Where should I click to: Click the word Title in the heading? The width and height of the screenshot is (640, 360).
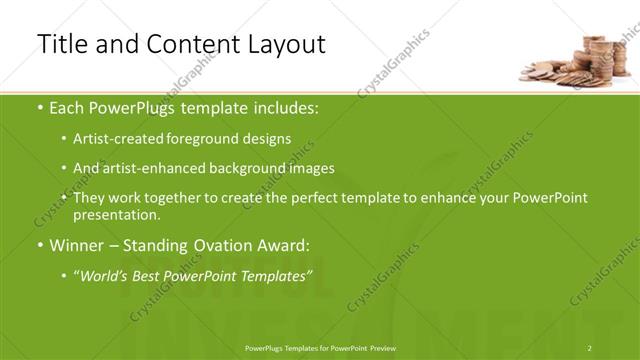pos(62,44)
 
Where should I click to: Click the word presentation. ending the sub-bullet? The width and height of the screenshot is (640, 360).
pos(116,214)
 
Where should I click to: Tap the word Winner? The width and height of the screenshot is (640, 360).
pos(75,244)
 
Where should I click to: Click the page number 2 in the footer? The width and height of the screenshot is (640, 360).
pos(590,347)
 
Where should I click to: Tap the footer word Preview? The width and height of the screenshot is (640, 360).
pos(383,347)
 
